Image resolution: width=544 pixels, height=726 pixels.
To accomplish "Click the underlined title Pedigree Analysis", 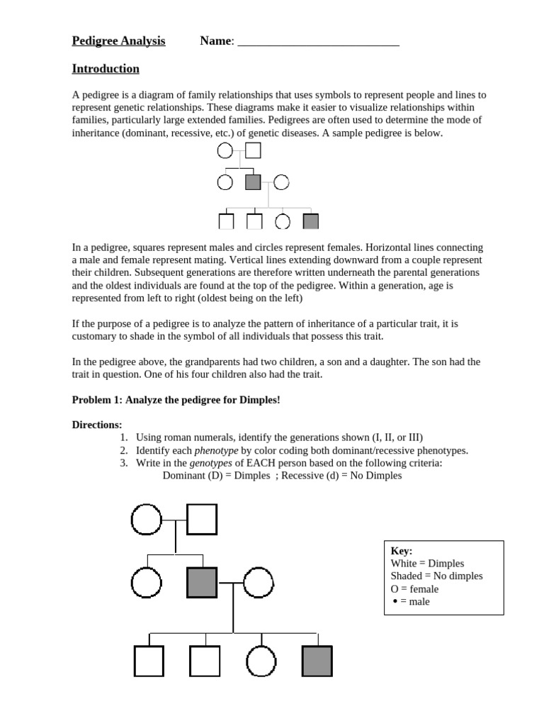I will click(x=118, y=41).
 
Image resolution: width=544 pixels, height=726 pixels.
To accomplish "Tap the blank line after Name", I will click(x=318, y=43).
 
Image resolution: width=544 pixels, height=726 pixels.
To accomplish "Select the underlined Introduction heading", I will click(x=106, y=69).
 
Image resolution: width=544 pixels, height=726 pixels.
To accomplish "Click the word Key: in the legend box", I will click(x=402, y=551).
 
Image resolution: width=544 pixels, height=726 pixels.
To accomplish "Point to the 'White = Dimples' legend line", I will click(x=427, y=564).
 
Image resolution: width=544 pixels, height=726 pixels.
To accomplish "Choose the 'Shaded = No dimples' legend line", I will click(x=436, y=576).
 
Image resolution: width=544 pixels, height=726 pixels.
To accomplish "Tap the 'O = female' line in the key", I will click(x=414, y=589).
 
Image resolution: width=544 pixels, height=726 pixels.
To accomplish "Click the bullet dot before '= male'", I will click(x=395, y=602).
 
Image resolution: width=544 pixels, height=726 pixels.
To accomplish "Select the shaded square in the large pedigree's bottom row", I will click(x=317, y=661).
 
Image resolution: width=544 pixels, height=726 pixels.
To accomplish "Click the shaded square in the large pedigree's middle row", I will click(x=202, y=583).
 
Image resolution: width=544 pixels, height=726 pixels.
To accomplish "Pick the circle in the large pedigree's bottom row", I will click(x=261, y=661).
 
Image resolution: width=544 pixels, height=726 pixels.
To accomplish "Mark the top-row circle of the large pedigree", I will click(x=146, y=520).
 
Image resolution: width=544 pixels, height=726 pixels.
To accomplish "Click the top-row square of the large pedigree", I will click(x=202, y=520).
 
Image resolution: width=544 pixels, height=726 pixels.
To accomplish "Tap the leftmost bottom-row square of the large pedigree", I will click(x=149, y=661).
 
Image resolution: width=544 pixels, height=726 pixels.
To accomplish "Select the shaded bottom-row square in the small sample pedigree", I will click(x=310, y=222).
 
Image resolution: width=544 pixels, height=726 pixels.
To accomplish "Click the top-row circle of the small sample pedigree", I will click(x=225, y=150).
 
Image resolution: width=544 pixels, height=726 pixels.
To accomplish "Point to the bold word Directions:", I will click(x=97, y=425).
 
